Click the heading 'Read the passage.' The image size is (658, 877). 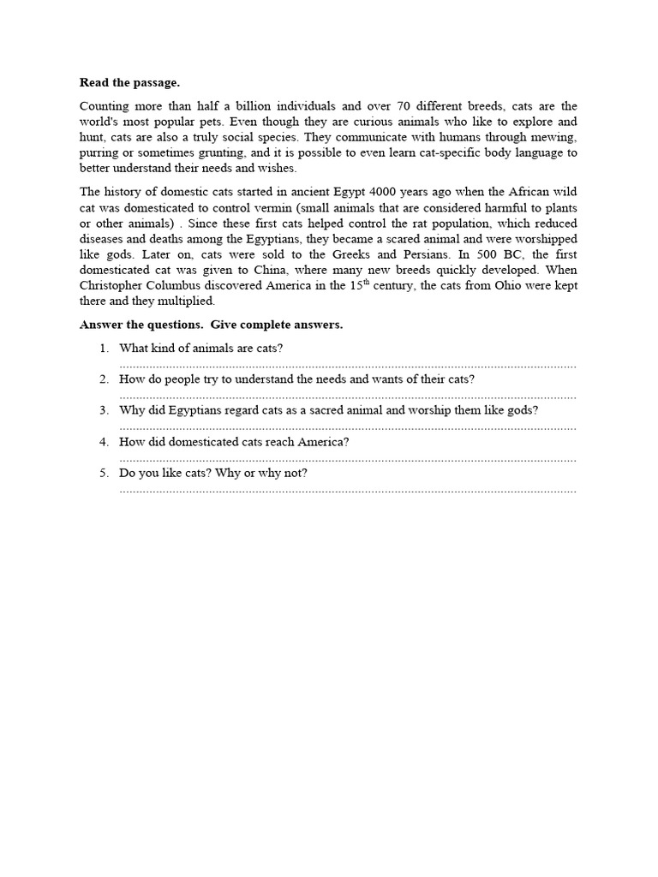[130, 83]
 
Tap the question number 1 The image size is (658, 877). [104, 348]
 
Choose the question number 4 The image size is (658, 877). [104, 442]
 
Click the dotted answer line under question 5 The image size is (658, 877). [348, 491]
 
